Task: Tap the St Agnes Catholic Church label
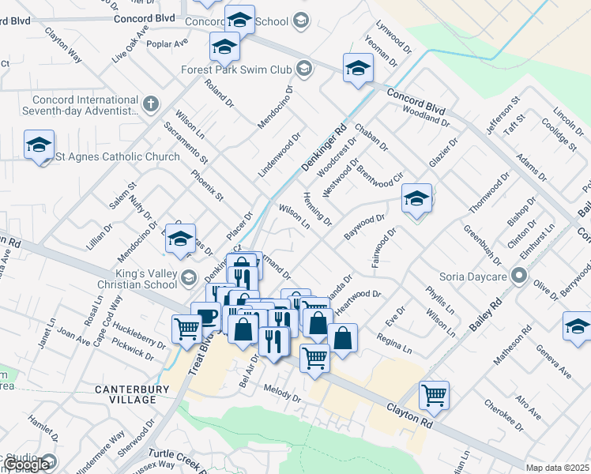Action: tap(118, 156)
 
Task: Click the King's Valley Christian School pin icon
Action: tap(188, 277)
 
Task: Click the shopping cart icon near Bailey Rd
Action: tap(434, 394)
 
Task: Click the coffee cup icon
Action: tap(207, 317)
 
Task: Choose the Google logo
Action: tap(26, 465)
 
